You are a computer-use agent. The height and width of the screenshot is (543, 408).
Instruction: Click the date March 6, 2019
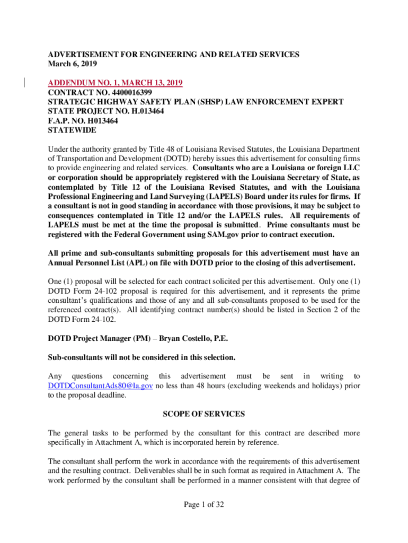(68, 64)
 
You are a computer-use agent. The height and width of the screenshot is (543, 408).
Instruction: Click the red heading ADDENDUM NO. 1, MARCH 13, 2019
(116, 83)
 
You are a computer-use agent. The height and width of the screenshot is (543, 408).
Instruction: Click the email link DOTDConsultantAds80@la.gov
(101, 386)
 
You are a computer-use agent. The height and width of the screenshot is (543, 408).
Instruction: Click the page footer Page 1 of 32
(204, 505)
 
